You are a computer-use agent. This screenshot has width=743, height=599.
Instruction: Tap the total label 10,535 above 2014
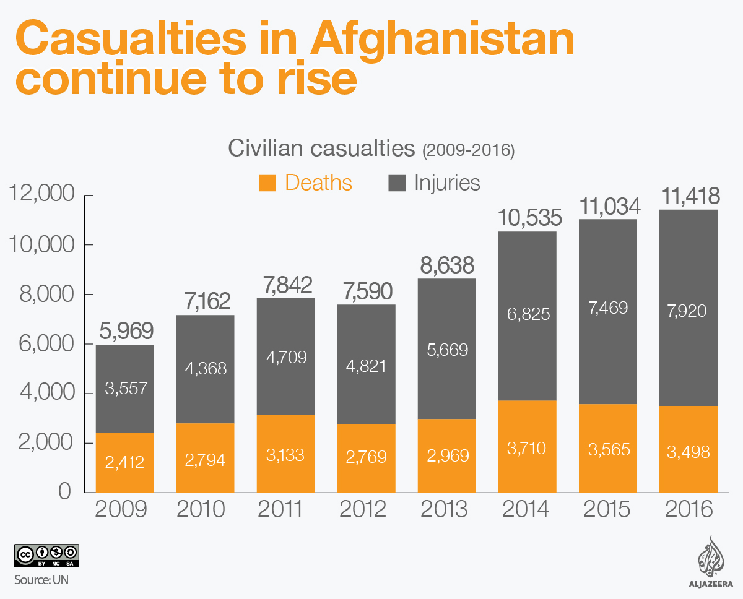(530, 218)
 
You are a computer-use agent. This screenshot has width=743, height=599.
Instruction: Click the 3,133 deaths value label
(285, 456)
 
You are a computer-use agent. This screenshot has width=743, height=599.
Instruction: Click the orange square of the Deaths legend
(267, 183)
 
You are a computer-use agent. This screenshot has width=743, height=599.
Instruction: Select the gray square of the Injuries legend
(397, 183)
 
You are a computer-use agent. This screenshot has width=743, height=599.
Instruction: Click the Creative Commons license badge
(46, 556)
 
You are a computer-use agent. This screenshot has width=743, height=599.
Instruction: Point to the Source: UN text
(42, 579)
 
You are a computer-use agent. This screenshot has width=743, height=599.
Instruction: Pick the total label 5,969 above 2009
(124, 331)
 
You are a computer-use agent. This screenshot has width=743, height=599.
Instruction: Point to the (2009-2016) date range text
(468, 150)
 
